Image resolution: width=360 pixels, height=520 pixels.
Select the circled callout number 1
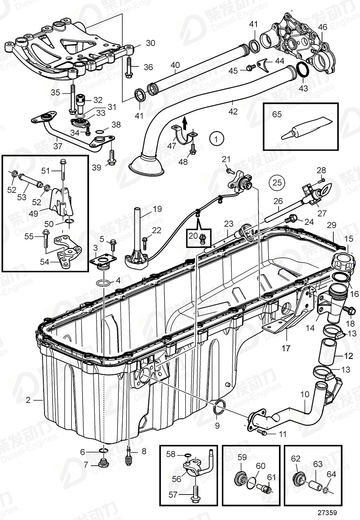216,139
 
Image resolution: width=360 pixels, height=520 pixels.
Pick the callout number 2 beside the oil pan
28,401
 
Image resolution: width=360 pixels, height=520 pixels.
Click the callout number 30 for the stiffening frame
139,43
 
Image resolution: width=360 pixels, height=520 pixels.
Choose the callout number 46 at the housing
322,28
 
